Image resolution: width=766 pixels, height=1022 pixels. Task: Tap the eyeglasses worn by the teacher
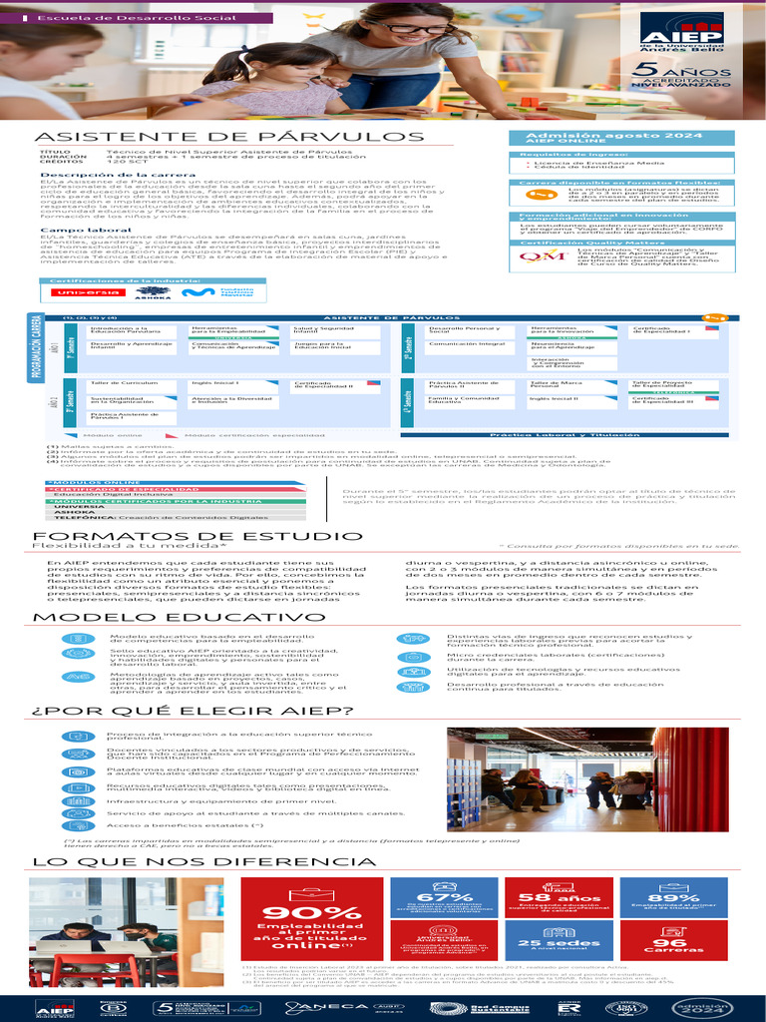pos(422,29)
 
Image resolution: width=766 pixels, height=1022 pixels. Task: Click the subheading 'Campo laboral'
pos(73,229)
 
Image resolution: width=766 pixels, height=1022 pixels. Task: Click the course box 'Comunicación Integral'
pos(467,344)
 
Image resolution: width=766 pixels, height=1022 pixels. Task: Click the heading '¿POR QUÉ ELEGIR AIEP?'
pos(192,711)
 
